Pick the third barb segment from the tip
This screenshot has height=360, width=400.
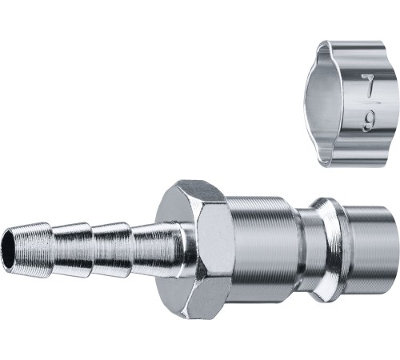coord(113,250)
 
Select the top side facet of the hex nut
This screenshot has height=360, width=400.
coord(203,194)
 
